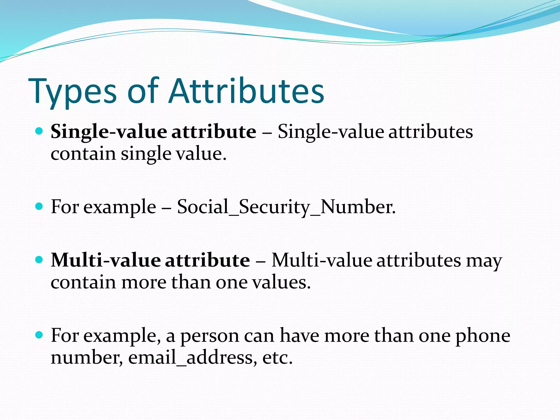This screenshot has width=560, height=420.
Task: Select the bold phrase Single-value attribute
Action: [153, 132]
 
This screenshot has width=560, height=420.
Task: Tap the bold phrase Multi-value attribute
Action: [150, 260]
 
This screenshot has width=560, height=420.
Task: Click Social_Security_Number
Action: [286, 207]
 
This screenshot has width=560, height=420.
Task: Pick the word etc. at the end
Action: [277, 357]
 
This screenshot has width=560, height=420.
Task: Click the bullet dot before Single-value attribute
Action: [39, 132]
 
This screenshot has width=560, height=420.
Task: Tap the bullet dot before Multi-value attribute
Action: [39, 260]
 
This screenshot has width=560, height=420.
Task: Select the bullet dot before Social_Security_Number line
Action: [39, 206]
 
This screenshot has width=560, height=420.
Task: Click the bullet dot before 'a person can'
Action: [39, 335]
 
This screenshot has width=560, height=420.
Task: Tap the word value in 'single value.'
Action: [201, 154]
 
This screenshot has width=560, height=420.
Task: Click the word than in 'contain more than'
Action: [191, 282]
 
